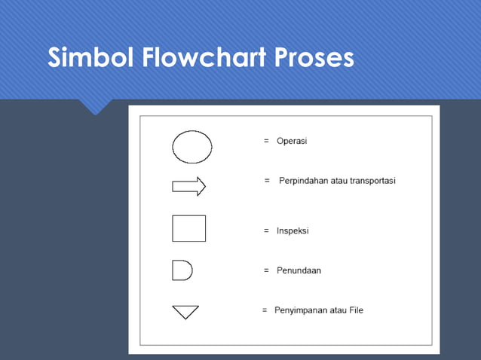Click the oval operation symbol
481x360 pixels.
click(x=192, y=146)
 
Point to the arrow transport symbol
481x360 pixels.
click(x=189, y=187)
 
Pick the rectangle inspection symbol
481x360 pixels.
click(x=189, y=229)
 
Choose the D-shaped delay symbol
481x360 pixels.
click(x=182, y=270)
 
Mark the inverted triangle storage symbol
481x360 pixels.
click(x=185, y=311)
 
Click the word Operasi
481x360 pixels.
click(x=292, y=141)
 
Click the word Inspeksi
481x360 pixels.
click(x=293, y=230)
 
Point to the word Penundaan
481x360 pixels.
click(x=299, y=270)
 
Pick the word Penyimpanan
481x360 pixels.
click(x=301, y=310)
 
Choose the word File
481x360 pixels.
click(x=355, y=310)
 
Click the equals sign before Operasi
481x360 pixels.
click(x=266, y=141)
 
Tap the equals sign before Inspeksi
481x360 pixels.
click(x=266, y=230)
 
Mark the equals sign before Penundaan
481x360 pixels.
click(x=266, y=270)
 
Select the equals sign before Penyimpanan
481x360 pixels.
click(x=265, y=310)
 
